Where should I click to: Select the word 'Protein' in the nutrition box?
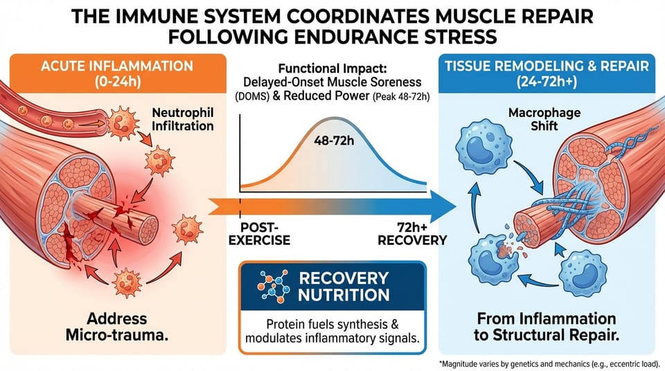tap(285, 324)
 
